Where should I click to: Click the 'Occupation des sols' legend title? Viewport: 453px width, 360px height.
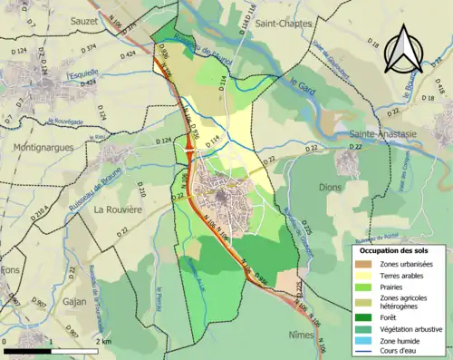(391, 250)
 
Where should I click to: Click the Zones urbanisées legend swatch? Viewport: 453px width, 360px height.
(363, 263)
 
